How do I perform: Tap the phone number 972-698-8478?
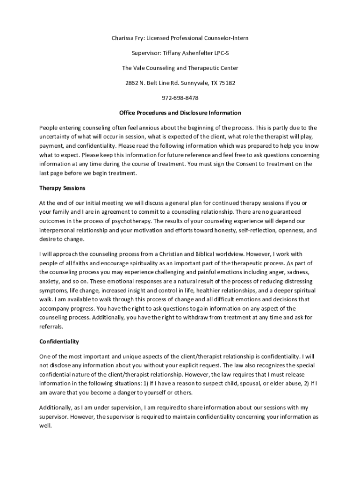point(180,98)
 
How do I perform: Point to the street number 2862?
point(132,83)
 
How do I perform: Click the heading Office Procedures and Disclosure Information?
point(180,113)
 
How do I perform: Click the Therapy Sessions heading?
point(62,188)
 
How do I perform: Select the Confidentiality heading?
point(59,341)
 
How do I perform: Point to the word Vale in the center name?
point(141,68)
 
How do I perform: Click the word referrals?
point(51,327)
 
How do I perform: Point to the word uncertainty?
point(56,136)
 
